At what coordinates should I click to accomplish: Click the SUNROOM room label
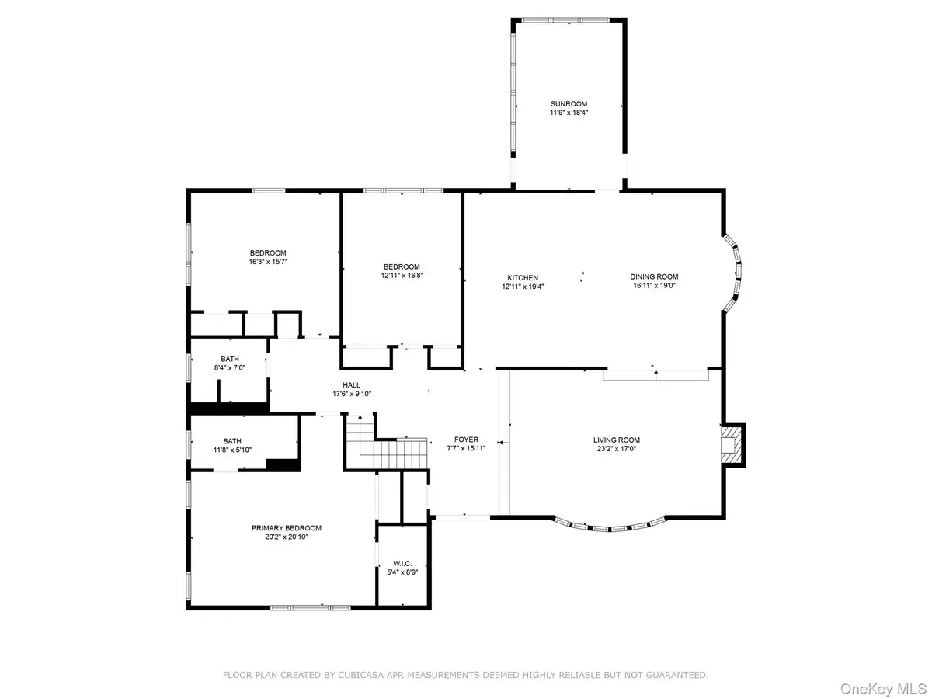[x=569, y=103]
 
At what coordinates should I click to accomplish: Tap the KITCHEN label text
[x=523, y=277]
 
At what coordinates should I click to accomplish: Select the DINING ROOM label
[x=656, y=276]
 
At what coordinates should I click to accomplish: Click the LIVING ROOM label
[x=617, y=440]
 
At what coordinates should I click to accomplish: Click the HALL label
[x=351, y=384]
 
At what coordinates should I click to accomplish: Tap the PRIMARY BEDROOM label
[x=286, y=528]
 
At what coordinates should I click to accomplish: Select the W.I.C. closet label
[x=402, y=563]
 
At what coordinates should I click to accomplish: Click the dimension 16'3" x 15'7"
[x=267, y=262]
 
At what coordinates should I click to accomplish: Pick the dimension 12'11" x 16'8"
[x=402, y=275]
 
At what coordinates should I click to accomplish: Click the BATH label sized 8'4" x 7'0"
[x=229, y=358]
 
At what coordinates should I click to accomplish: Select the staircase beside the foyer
[x=388, y=447]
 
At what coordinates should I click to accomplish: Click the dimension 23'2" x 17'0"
[x=617, y=449]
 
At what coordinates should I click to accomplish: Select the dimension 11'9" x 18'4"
[x=569, y=113]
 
